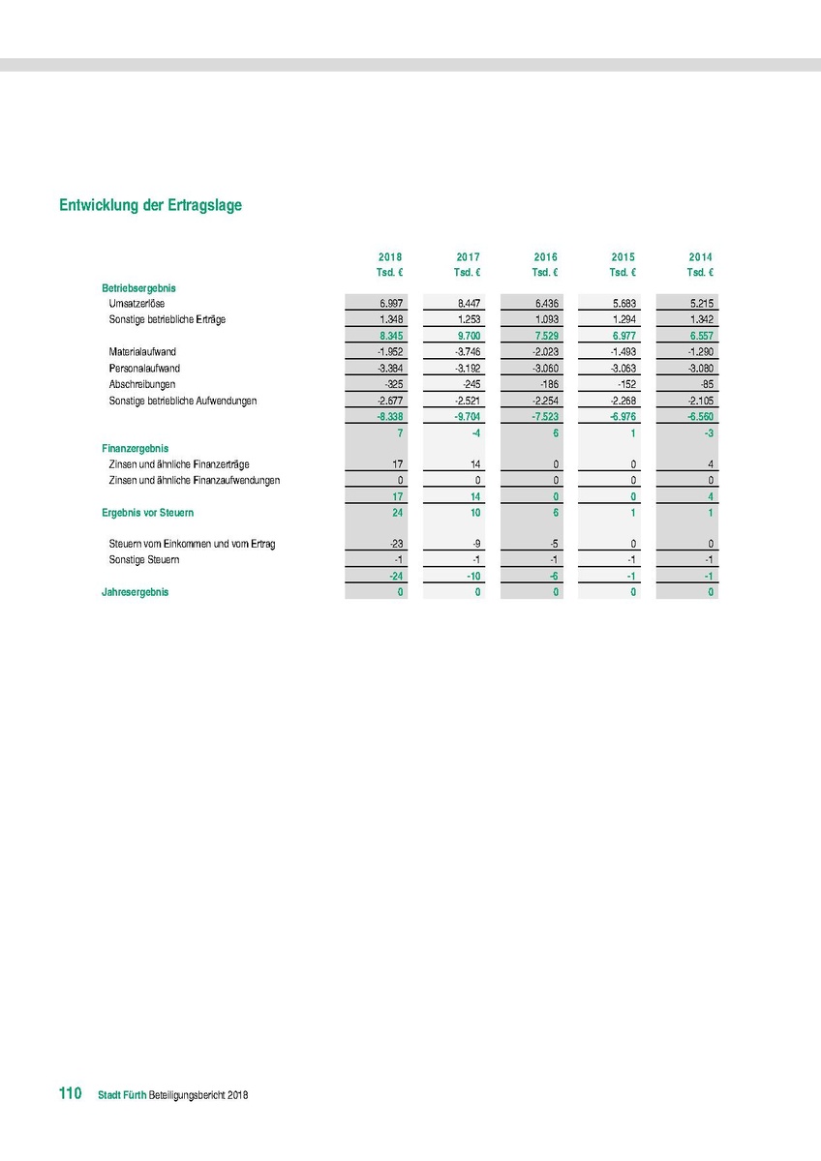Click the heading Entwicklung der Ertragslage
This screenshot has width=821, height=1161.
(150, 206)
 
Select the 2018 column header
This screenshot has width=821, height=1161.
(390, 257)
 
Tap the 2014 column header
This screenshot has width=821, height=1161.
(700, 257)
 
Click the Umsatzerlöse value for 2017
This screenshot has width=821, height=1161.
(469, 304)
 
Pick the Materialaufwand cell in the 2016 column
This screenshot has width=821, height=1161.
(545, 352)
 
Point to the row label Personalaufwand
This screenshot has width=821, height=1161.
(144, 369)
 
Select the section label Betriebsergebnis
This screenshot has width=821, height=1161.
(138, 288)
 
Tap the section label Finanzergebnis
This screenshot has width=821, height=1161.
(136, 449)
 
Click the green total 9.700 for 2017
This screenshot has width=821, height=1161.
(468, 336)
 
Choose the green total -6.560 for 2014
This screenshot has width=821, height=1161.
(699, 416)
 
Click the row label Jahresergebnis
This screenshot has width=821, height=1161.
(135, 592)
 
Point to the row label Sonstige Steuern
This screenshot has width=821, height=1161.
(144, 560)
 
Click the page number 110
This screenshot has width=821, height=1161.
(69, 1093)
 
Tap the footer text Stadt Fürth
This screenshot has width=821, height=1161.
(122, 1095)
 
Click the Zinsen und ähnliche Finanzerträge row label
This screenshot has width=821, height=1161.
(179, 464)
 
